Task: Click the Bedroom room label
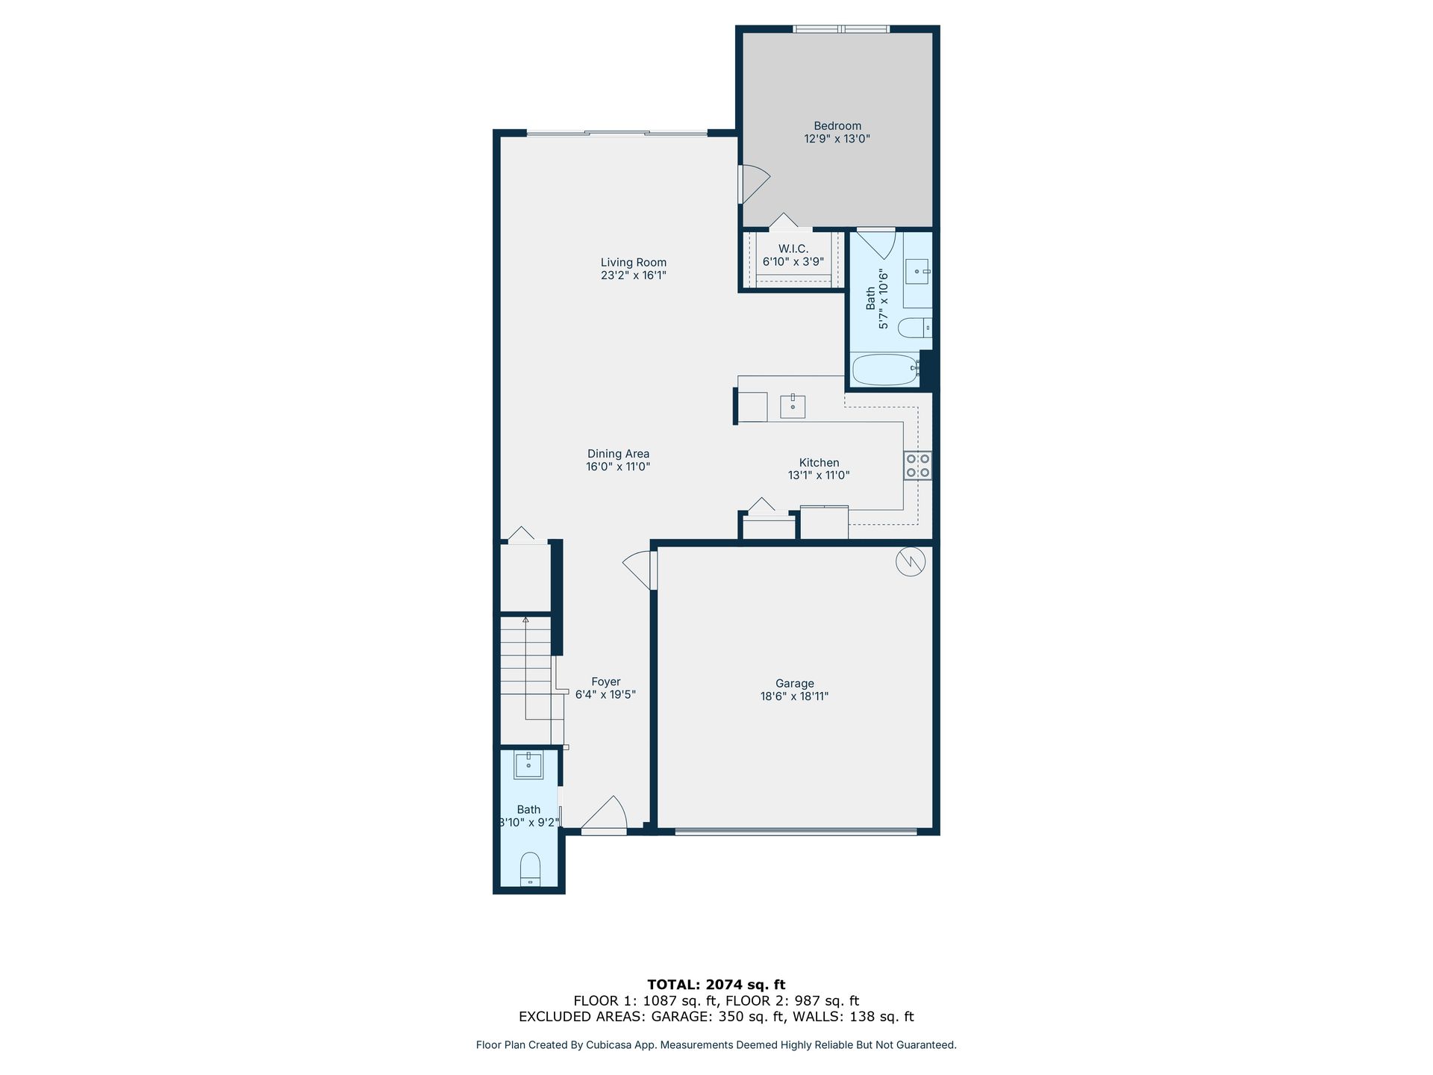pyautogui.click(x=837, y=126)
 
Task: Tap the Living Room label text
pyautogui.click(x=634, y=262)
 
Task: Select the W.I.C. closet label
pyautogui.click(x=793, y=249)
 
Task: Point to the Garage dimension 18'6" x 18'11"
pyautogui.click(x=794, y=697)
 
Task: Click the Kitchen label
pyautogui.click(x=819, y=463)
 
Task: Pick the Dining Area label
pyautogui.click(x=618, y=454)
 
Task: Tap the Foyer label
pyautogui.click(x=605, y=682)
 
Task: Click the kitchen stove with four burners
pyautogui.click(x=917, y=465)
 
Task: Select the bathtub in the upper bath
pyautogui.click(x=885, y=370)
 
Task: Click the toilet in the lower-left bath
pyautogui.click(x=530, y=869)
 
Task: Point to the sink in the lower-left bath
pyautogui.click(x=528, y=764)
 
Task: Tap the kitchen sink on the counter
pyautogui.click(x=793, y=407)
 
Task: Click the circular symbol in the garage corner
pyautogui.click(x=911, y=561)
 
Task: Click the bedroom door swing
pyautogui.click(x=754, y=184)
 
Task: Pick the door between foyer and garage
pyautogui.click(x=640, y=571)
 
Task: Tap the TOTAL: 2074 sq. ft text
pyautogui.click(x=716, y=985)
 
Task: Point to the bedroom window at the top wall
pyautogui.click(x=840, y=29)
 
